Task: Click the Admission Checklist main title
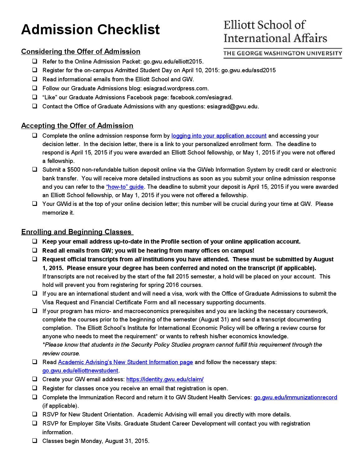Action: click(x=90, y=30)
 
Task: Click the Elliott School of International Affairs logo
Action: click(x=282, y=39)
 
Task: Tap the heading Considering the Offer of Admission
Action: click(x=81, y=51)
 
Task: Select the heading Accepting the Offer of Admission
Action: click(x=77, y=126)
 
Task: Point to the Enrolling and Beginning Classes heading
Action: click(x=77, y=232)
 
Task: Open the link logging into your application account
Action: click(x=219, y=136)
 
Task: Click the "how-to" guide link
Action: click(x=125, y=187)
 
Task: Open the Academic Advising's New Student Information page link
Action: click(x=126, y=362)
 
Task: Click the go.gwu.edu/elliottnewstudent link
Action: click(x=80, y=371)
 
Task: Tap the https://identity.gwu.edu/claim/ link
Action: click(x=165, y=379)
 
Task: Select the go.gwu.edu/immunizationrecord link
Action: click(x=295, y=397)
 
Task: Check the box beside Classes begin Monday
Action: click(x=35, y=441)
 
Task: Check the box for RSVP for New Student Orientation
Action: click(x=35, y=414)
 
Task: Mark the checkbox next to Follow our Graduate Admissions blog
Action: click(x=35, y=88)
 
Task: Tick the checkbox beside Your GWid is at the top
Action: click(x=35, y=204)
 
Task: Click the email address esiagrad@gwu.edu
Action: click(x=232, y=107)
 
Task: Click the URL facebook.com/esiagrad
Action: click(x=201, y=97)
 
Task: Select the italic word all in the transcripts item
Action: click(x=138, y=259)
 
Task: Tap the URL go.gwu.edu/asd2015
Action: click(x=248, y=70)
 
